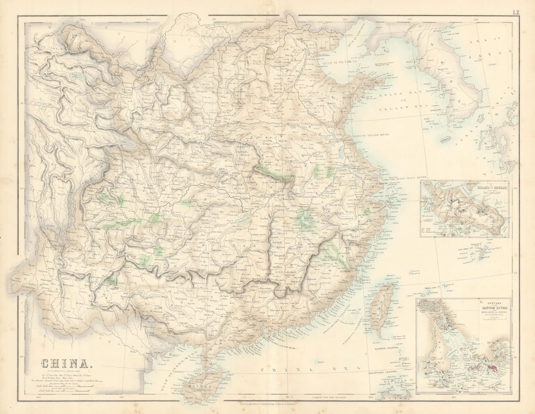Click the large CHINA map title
coord(65,363)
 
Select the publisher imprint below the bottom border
coord(267,403)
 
